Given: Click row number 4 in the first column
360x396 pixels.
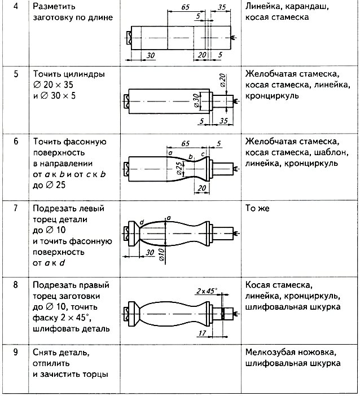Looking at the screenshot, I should (16, 7).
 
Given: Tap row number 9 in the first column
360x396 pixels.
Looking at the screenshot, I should (16, 353).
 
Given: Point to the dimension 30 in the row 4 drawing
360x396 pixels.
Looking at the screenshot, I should (150, 55).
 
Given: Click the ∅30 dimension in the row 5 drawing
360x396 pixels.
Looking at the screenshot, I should (195, 100).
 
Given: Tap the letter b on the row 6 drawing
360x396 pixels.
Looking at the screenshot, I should (191, 156).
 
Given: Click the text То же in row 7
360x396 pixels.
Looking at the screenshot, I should (257, 208).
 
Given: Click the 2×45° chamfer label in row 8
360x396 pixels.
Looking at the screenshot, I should (207, 291).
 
